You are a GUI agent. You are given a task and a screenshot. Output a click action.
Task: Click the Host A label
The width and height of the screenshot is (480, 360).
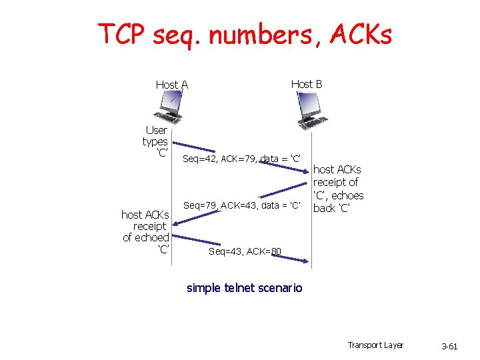[x=171, y=85]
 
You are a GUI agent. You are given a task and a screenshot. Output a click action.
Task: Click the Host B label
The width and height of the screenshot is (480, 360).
[x=307, y=84]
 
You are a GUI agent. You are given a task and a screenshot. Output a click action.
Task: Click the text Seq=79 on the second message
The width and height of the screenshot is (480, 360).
[x=199, y=205]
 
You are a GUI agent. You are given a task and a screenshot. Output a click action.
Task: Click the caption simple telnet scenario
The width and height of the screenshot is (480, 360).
[x=244, y=288]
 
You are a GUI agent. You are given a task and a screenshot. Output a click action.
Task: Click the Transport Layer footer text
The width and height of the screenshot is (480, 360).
[x=375, y=345]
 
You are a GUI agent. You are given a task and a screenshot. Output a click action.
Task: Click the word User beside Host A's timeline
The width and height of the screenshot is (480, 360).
[x=156, y=130]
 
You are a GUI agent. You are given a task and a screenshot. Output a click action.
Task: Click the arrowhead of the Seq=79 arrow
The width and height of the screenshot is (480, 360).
[x=176, y=238]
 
